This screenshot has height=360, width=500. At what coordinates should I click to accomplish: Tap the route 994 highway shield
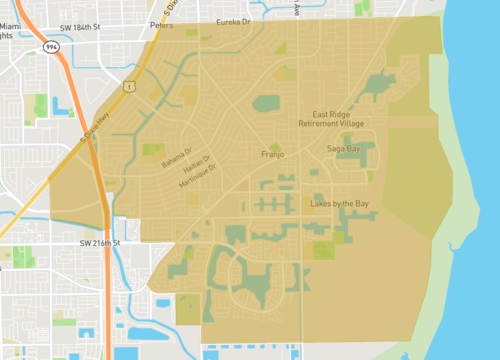[51, 47]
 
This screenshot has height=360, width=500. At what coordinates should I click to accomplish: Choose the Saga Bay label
[343, 149]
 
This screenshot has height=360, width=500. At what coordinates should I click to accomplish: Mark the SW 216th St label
[99, 243]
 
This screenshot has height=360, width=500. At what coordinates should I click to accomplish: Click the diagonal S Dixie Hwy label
[97, 131]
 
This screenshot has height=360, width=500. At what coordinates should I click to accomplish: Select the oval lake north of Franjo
[266, 103]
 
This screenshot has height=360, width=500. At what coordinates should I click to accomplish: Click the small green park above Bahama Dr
[153, 150]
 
